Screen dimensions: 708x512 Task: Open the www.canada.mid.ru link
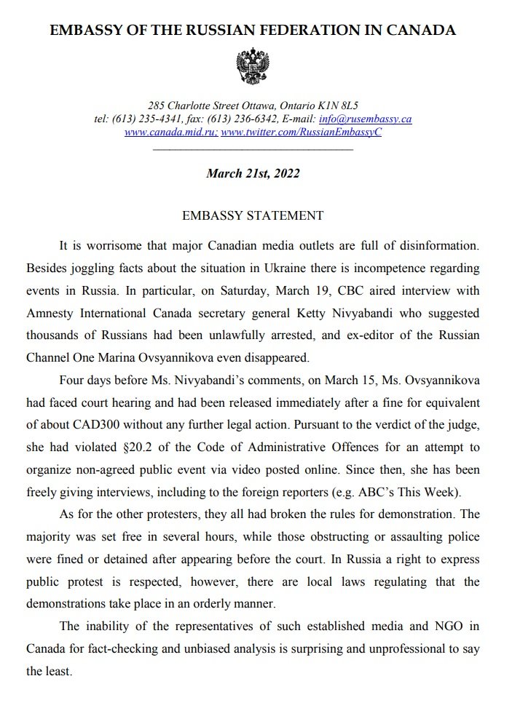point(170,132)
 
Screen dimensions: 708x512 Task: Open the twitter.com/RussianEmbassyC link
point(301,132)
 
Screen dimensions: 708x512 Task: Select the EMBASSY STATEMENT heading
point(252,216)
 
